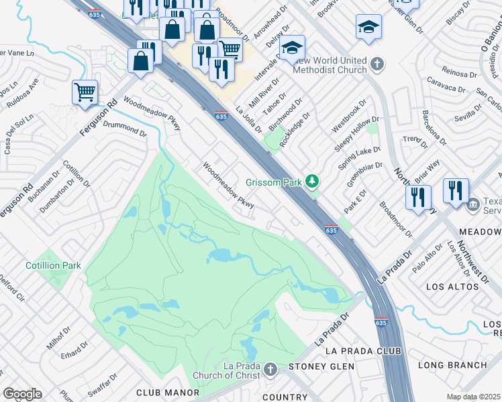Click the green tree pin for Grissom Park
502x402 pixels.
coord(311,182)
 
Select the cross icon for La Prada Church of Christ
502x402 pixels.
coord(270,370)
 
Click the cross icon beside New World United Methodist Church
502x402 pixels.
coord(377,64)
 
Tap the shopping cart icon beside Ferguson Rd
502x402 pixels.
coord(85,92)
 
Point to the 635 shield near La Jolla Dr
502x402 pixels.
coord(221,115)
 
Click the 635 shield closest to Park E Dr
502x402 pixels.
coord(331,229)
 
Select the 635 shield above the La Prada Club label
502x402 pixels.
coord(381,322)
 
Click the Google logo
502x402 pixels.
coord(22,394)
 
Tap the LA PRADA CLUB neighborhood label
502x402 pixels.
coord(362,351)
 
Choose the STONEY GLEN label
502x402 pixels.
coord(316,366)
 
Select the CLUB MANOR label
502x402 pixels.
coord(159,392)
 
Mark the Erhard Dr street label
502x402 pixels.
coord(74,351)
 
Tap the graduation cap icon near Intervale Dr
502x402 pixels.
coord(292,48)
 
